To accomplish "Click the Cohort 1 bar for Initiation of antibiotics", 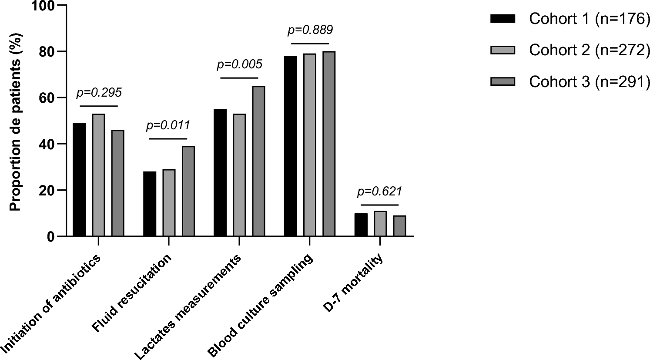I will pyautogui.click(x=79, y=180).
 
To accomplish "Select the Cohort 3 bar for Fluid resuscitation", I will pyautogui.click(x=188, y=192).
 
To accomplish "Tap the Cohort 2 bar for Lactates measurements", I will pyautogui.click(x=239, y=175).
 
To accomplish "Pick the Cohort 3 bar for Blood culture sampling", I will pyautogui.click(x=329, y=144).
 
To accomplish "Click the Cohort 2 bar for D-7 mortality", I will pyautogui.click(x=380, y=224).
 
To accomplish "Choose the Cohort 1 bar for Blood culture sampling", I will pyautogui.click(x=291, y=146).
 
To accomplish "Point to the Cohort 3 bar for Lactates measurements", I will pyautogui.click(x=258, y=161).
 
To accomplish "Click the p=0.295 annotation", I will pyautogui.click(x=99, y=92).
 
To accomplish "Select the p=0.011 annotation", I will pyautogui.click(x=168, y=125).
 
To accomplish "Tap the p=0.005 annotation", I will pyautogui.click(x=239, y=64).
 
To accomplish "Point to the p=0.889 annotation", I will pyautogui.click(x=310, y=30).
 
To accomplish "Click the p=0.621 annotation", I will pyautogui.click(x=379, y=192).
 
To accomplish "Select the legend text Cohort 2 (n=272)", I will pyautogui.click(x=589, y=50).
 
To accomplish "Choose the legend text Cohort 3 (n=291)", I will pyautogui.click(x=589, y=81).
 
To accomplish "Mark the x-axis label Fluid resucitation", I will pyautogui.click(x=133, y=294).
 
